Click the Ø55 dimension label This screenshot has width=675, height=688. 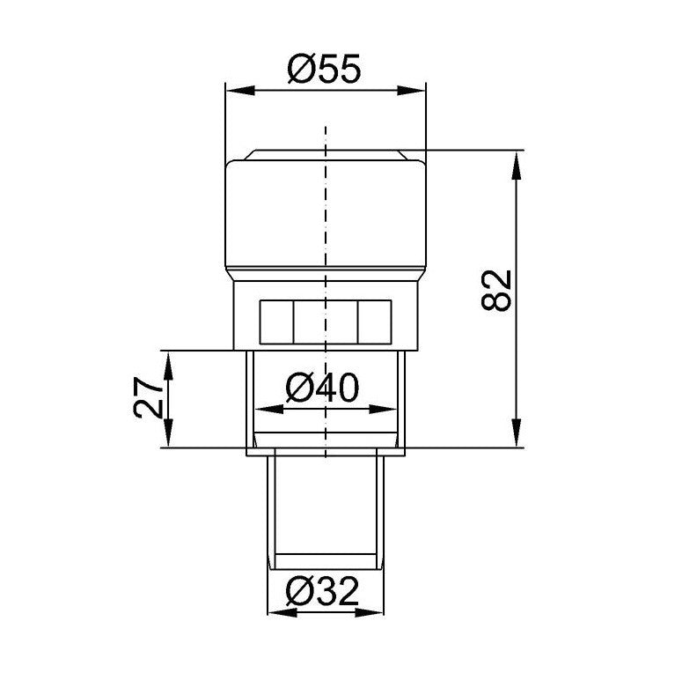coord(324,69)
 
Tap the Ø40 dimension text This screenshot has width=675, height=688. coord(322,388)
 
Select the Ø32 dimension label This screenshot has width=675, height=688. coord(322,590)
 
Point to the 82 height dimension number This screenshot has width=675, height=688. coord(496,291)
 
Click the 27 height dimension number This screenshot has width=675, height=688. coord(147,398)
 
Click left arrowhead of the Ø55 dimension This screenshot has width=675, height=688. coord(239,91)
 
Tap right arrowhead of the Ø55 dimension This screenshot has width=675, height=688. coord(411,91)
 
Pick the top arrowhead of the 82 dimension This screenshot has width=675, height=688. coord(517,165)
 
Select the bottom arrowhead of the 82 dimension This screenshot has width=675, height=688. coord(517,433)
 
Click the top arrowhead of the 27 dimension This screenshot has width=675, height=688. coord(169,365)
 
